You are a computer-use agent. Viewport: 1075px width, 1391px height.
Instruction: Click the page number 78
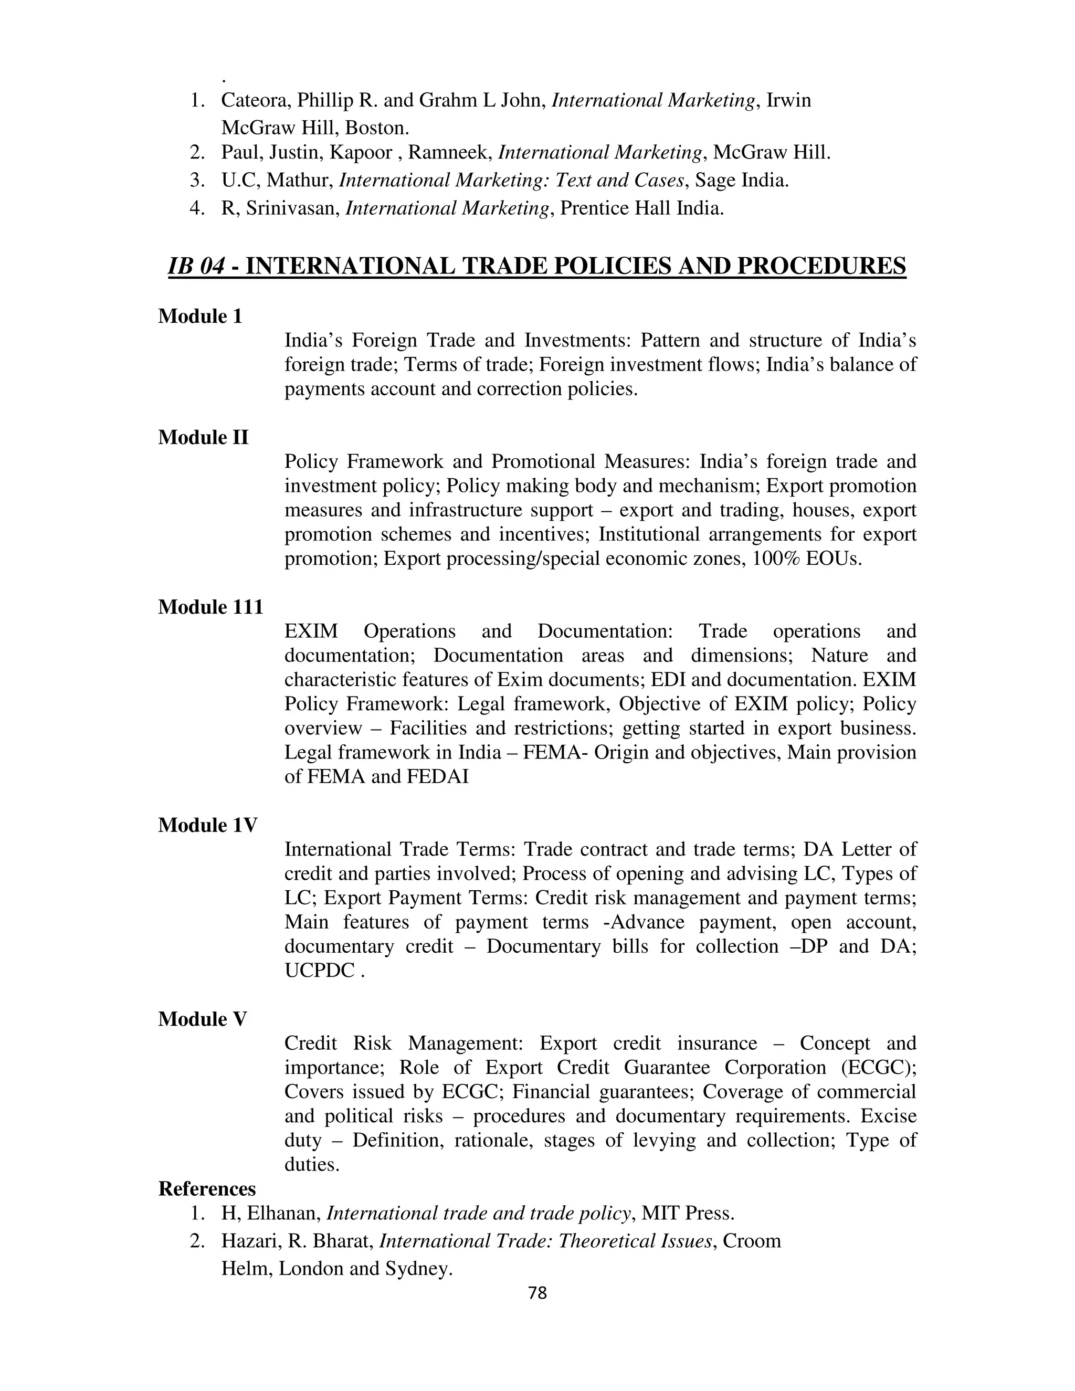point(537,1292)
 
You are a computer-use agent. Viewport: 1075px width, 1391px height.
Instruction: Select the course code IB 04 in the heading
point(195,266)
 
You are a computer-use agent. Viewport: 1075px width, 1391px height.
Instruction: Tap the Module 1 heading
point(200,317)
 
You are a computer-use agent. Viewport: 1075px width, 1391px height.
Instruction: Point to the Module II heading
point(203,438)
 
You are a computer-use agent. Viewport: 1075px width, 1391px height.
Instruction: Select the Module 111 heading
point(210,607)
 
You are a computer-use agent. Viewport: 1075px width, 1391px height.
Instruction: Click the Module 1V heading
point(208,826)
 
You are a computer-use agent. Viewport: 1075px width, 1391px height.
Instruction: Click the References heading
point(207,1189)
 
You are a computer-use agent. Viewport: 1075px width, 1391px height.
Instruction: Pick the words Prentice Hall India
point(642,208)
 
